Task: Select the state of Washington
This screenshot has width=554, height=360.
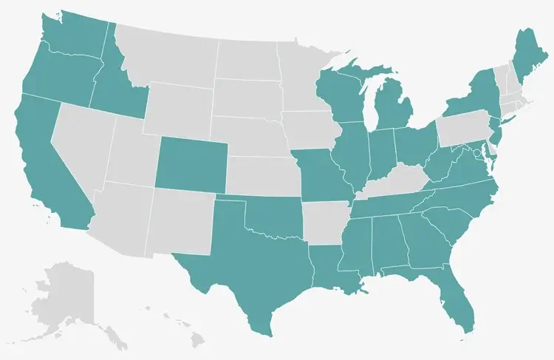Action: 74,33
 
